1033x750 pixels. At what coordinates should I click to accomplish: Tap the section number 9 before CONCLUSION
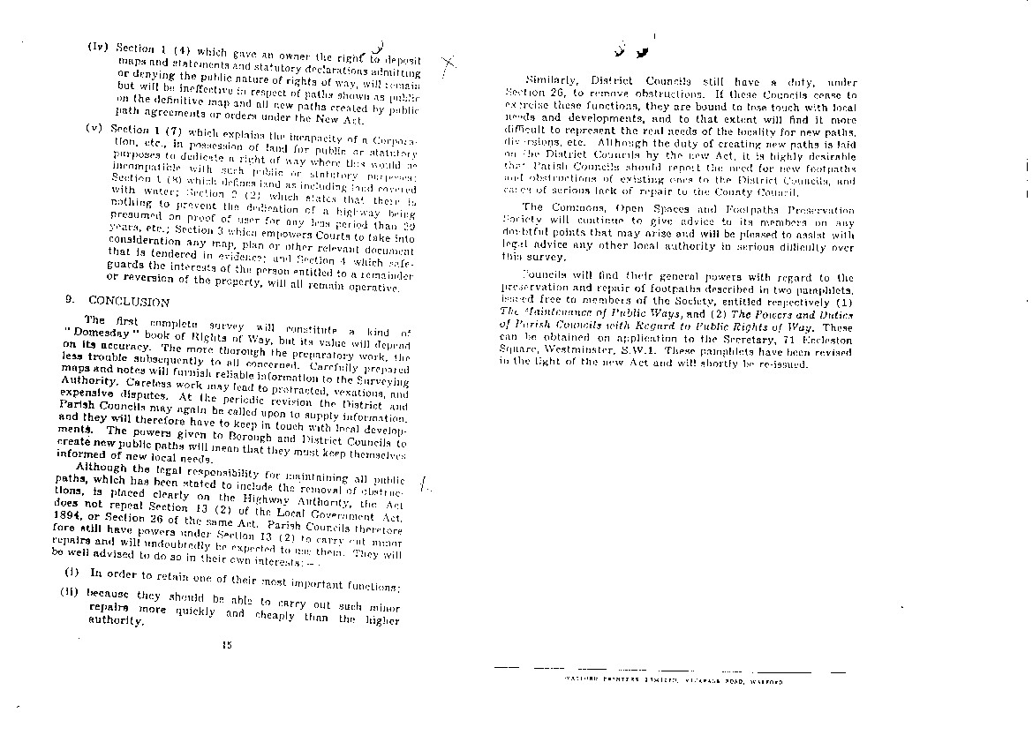[x=68, y=299]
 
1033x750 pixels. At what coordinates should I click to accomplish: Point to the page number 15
[x=227, y=645]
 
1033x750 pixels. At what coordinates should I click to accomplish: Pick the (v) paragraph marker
[x=94, y=126]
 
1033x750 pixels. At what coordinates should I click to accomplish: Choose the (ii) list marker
[x=71, y=591]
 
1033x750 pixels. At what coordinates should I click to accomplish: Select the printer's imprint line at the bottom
[x=674, y=681]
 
